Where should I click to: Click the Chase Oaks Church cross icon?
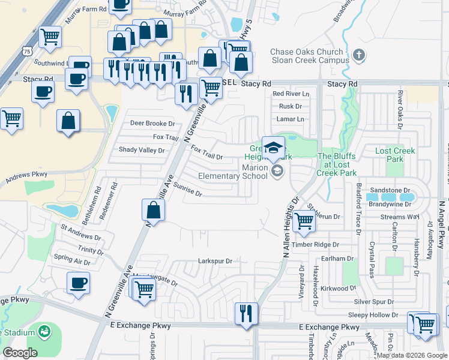tap(359, 56)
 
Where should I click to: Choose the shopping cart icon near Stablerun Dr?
tap(304, 221)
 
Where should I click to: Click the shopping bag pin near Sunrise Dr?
tap(153, 211)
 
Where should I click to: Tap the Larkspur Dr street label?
tap(215, 261)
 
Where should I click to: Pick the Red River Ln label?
tap(291, 94)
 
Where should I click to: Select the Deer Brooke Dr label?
tap(152, 124)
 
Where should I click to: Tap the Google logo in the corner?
tap(20, 353)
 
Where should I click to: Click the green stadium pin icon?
tap(44, 331)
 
